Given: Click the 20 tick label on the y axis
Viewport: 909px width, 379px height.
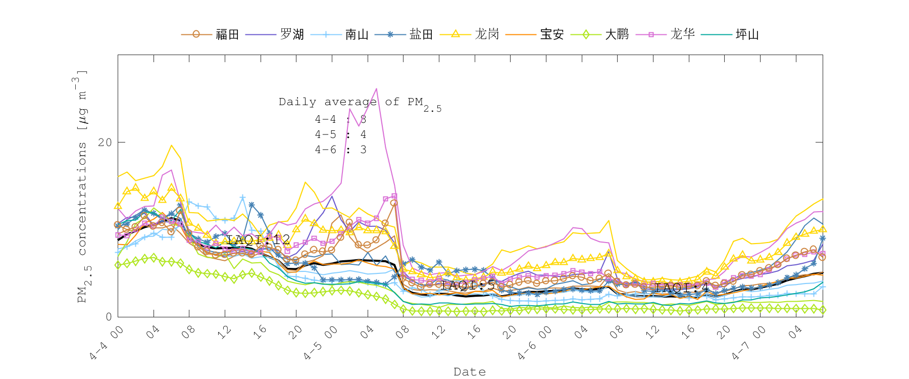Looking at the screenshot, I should tap(105, 143).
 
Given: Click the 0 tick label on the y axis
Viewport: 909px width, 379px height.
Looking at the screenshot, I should tap(109, 317).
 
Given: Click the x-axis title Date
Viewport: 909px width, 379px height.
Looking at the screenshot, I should tap(470, 372).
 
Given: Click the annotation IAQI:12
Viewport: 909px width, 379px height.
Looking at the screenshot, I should tap(258, 240).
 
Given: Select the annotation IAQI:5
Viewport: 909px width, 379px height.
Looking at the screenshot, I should tap(468, 285).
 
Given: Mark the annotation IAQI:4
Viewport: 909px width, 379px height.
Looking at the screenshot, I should tap(682, 288).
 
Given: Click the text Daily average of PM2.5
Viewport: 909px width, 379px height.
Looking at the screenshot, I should tap(360, 103).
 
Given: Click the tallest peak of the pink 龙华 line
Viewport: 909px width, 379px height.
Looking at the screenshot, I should tap(376, 89).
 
